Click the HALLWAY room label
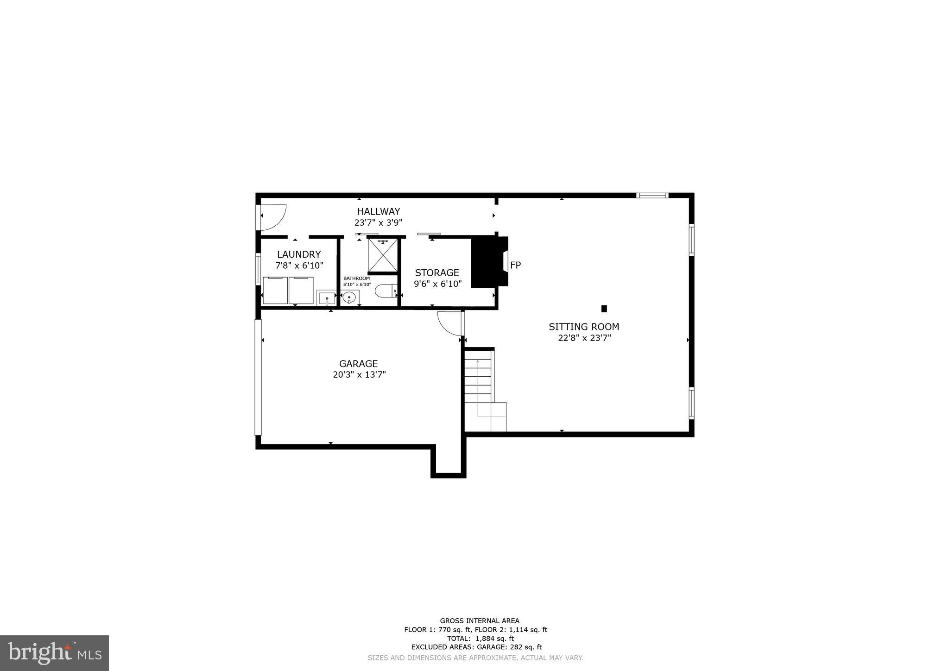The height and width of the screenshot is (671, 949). tap(378, 212)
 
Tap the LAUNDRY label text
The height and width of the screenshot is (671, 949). tap(299, 254)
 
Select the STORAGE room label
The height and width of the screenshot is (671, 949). tap(437, 273)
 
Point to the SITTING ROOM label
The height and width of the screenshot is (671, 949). tap(584, 327)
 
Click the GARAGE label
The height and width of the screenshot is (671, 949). tap(358, 364)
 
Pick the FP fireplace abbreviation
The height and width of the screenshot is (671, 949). tap(515, 265)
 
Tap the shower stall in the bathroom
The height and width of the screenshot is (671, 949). tap(383, 255)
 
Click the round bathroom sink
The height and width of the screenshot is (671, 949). tap(349, 297)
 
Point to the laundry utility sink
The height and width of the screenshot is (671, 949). tap(326, 298)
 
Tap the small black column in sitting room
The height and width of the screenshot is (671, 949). tap(604, 309)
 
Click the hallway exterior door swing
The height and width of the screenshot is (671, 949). tap(273, 217)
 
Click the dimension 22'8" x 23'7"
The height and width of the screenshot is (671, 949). tap(584, 338)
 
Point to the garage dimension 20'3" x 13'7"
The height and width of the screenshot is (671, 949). tap(359, 375)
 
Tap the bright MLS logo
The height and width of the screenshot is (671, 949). tap(54, 653)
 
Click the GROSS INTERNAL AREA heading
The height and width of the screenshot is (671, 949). tap(480, 621)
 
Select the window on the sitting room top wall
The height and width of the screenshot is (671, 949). tap(652, 196)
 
